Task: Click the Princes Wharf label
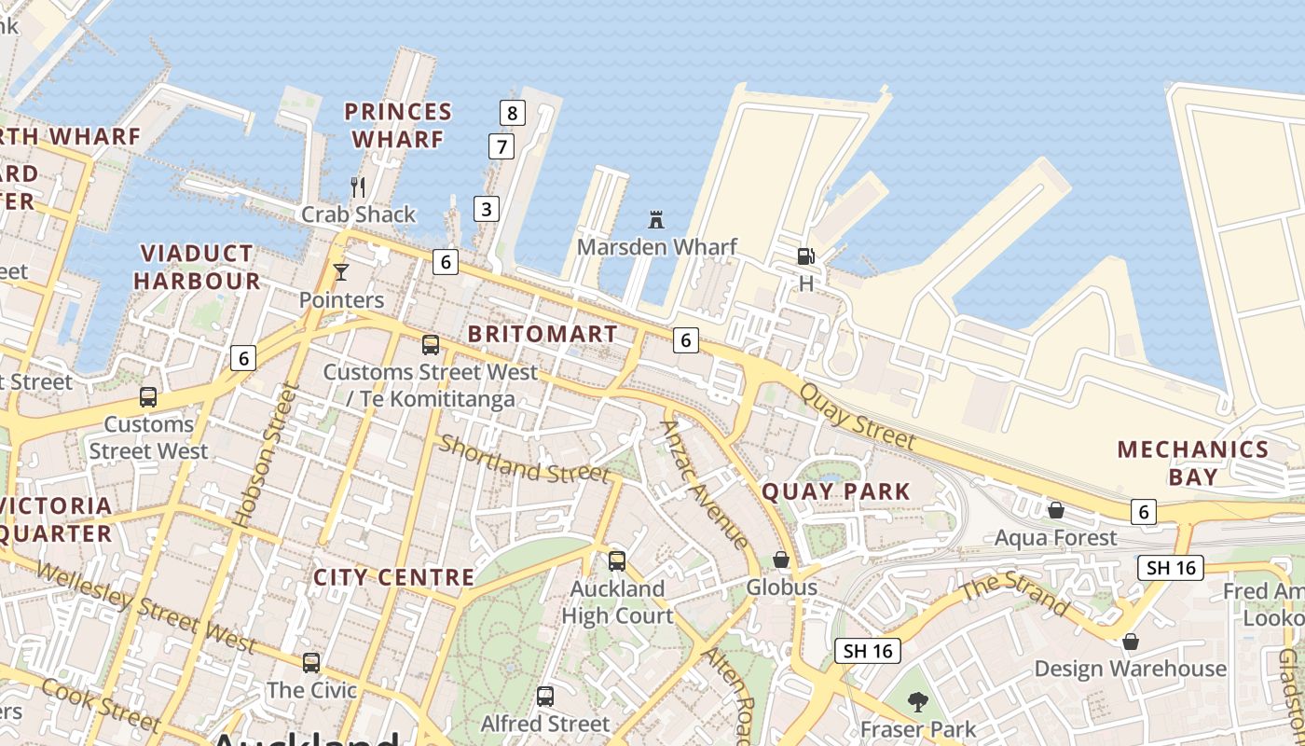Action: coord(398,125)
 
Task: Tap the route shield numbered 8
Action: coord(512,114)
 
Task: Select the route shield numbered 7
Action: coord(501,146)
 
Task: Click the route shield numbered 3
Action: coord(486,209)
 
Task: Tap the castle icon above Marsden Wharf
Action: coord(656,220)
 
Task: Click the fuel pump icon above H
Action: coord(805,256)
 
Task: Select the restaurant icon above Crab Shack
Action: coord(358,186)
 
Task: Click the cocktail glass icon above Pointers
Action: coord(340,272)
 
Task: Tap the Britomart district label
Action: coord(543,334)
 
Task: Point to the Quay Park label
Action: coord(836,491)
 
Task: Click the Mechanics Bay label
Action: coord(1193,463)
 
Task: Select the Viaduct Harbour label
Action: coord(197,267)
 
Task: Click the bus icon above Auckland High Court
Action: coord(616,561)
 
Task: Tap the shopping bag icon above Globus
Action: coord(781,559)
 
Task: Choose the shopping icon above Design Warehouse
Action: coord(1130,642)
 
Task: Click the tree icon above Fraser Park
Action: coord(918,701)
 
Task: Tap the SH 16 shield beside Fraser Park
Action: coord(868,651)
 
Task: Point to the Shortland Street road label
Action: coord(524,460)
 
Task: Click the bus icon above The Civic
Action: coord(311,663)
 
